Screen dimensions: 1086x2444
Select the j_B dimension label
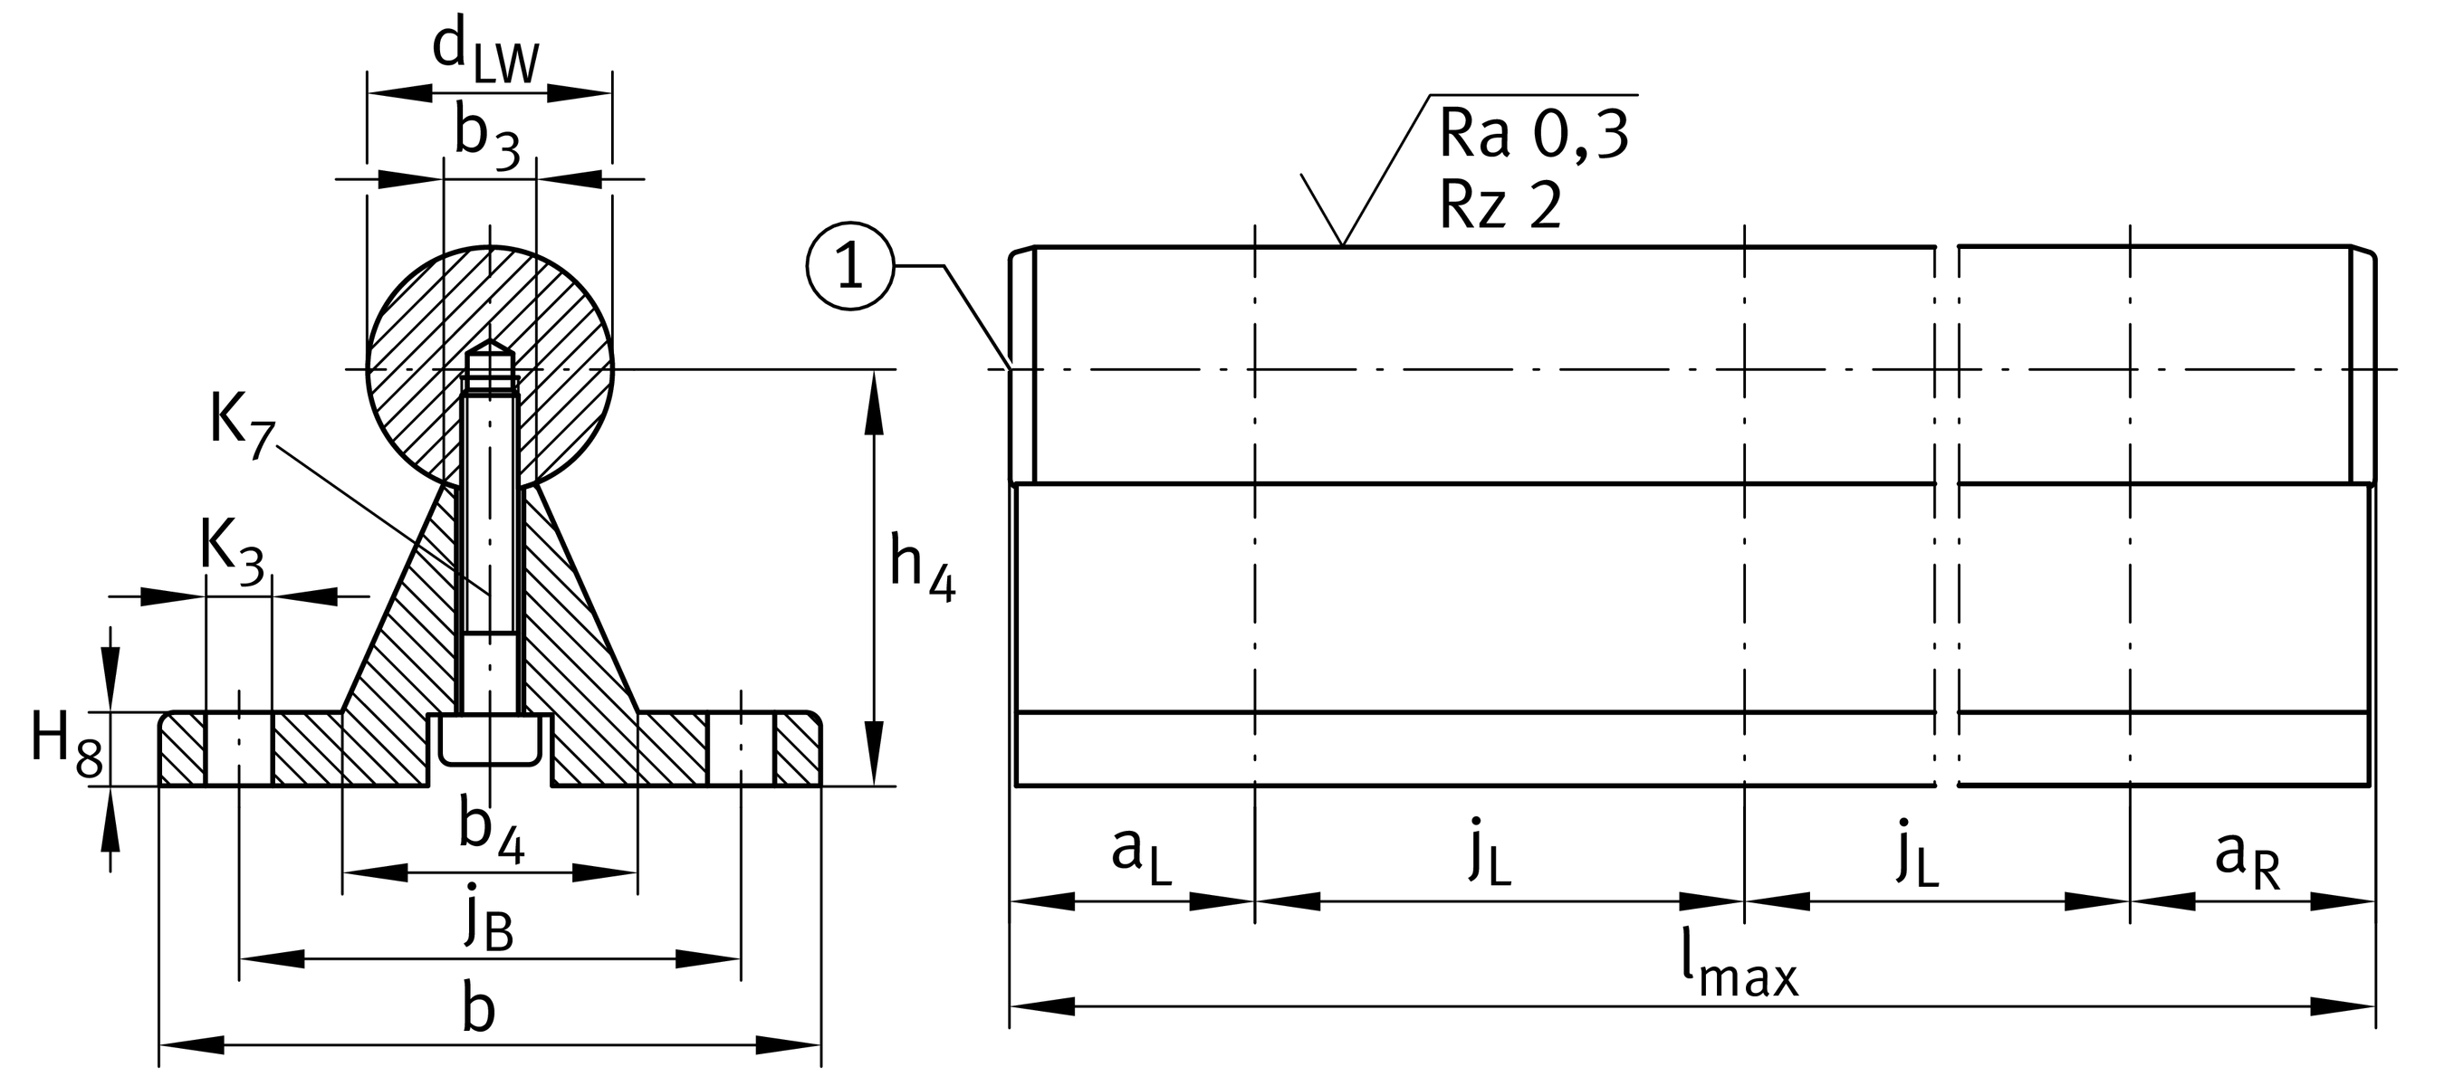[489, 921]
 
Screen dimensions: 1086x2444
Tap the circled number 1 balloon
[850, 266]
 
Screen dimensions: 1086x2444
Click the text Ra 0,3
[1533, 136]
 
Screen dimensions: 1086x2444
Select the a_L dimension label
[1141, 855]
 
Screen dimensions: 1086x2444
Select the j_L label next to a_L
[1490, 855]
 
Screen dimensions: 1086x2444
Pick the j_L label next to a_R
[1917, 855]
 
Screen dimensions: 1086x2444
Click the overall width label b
[479, 1009]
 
